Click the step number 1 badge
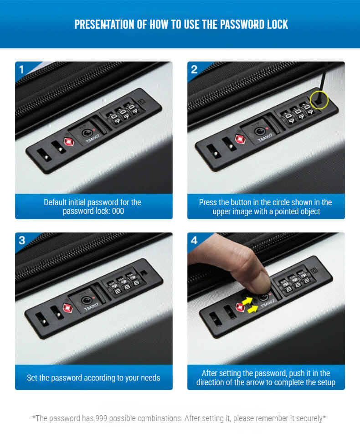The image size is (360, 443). tap(21, 69)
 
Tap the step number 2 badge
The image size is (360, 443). tap(194, 69)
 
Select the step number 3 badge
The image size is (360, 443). tap(22, 241)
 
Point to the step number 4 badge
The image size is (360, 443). tap(194, 241)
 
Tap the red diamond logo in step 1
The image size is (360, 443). tap(69, 141)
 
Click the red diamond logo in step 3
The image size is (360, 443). tap(67, 308)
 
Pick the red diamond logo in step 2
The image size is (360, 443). tap(240, 139)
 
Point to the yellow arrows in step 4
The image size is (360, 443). tap(250, 305)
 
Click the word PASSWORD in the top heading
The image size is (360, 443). tap(240, 25)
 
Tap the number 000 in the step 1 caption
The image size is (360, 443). tap(118, 211)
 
